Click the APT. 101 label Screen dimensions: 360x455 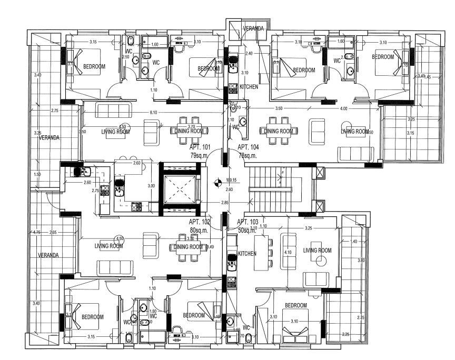tap(202, 147)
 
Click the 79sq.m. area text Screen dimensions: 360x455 tap(202, 155)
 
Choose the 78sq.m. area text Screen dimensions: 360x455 tap(249, 155)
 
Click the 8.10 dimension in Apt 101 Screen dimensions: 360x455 tap(153, 113)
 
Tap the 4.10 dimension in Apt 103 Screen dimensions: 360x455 tap(288, 253)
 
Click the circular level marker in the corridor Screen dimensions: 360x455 tap(217, 183)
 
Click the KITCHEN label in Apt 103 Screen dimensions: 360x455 tap(247, 254)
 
